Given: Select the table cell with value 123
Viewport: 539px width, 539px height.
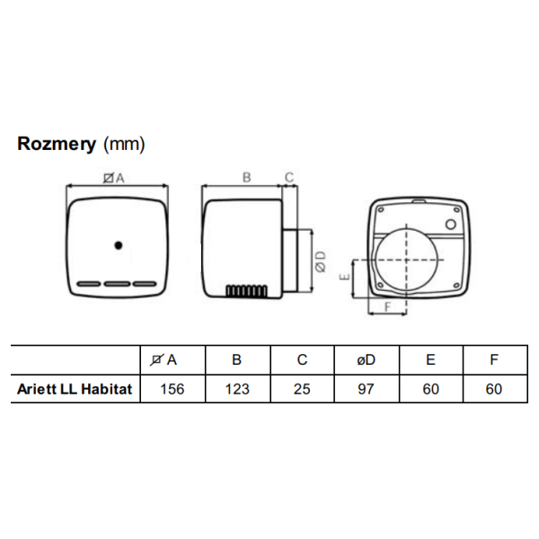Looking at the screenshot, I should point(237,390).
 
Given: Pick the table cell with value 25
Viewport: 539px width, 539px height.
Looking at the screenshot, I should point(302,390).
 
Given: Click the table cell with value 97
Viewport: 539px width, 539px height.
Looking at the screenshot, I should point(367,390).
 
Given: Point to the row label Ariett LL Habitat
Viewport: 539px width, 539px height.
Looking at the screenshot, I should point(75,390).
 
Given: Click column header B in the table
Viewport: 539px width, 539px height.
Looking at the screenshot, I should point(237,359).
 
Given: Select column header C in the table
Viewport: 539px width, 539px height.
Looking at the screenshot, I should point(302,359).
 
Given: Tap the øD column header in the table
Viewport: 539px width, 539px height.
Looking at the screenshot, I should point(367,359).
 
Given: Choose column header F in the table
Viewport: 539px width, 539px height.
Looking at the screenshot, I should point(495,359).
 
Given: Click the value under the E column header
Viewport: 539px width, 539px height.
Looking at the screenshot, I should point(431,390).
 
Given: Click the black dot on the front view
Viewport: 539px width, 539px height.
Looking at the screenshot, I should point(118,244).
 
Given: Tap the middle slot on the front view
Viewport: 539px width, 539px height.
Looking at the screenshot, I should point(118,284).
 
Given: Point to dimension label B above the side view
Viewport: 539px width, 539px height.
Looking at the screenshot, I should point(245,177).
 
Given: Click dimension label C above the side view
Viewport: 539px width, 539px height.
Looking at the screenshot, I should point(289,177).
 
